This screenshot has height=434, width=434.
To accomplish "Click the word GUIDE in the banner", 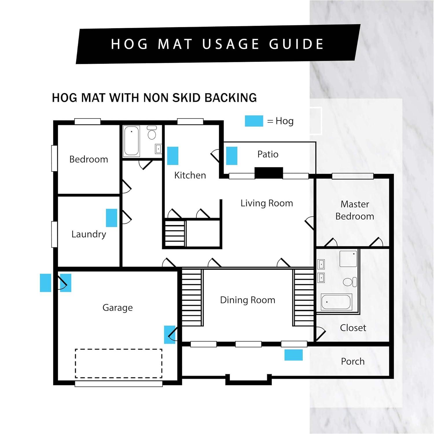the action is tap(296, 44).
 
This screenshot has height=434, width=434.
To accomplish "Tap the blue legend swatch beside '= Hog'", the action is tap(254, 121).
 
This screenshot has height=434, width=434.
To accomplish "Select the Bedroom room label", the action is tap(89, 159).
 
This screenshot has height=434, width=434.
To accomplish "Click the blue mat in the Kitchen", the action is tap(173, 156).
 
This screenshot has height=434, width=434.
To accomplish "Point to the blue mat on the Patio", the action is tap(231, 156).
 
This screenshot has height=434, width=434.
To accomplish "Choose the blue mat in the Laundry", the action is tap(111, 218).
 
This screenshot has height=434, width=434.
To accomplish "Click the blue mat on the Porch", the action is tap(293, 355).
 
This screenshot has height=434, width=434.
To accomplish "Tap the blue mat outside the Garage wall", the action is tap(45, 283).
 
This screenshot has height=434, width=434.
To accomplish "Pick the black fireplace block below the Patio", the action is tap(269, 173).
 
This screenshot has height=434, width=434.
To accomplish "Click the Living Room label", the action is tap(267, 203).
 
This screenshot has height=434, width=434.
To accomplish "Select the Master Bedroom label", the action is tap(355, 210).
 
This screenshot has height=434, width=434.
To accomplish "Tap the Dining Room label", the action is tap(248, 300).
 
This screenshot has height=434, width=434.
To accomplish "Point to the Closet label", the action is tap(353, 328).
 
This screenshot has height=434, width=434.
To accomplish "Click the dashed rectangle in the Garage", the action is tap(119, 349).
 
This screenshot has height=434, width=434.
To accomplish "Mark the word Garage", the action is tap(117, 308).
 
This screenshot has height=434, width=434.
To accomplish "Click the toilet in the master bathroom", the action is tap(350, 282).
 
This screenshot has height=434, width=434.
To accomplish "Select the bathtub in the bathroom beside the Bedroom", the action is tap(132, 141).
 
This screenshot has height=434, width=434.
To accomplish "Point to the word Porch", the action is tap(353, 361).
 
